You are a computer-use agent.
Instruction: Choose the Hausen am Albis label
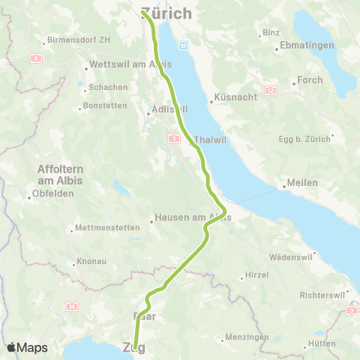[x=193, y=217]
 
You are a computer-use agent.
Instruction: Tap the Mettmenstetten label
[x=108, y=229]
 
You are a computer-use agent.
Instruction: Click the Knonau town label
[x=90, y=263]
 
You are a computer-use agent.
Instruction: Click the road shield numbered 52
[x=271, y=90]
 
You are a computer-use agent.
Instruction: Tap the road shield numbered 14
[x=72, y=306]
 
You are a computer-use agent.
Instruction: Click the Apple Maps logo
[x=26, y=347]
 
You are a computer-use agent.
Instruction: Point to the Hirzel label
[x=256, y=275]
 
